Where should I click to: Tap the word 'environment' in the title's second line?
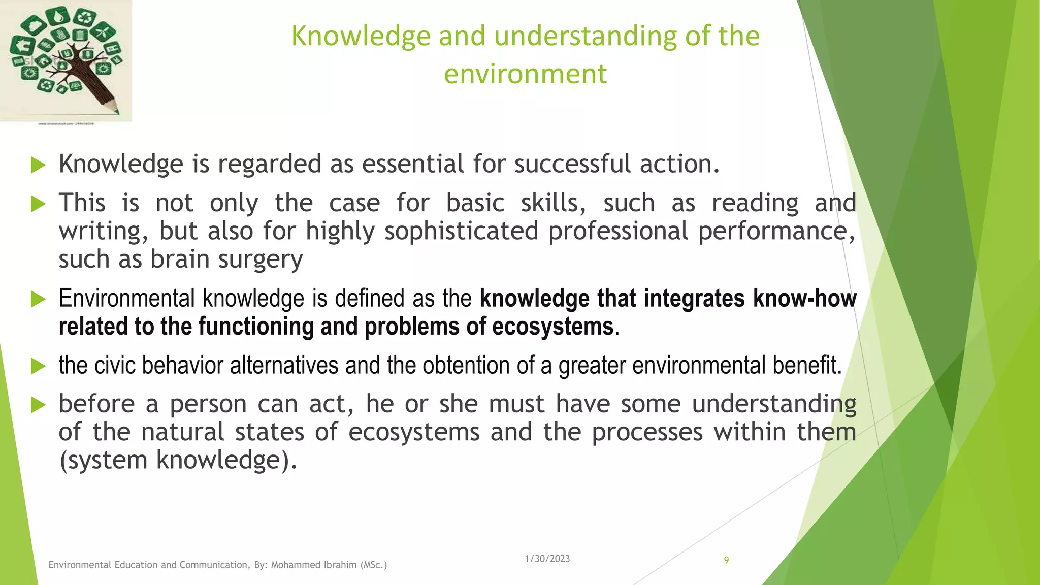point(525,74)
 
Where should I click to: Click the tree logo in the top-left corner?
point(66,61)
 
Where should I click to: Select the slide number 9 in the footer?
point(726,560)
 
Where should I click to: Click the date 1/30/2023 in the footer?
point(547,559)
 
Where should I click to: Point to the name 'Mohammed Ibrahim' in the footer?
point(313,565)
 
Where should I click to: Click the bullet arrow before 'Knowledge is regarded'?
point(38,165)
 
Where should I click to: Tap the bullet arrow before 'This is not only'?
point(38,204)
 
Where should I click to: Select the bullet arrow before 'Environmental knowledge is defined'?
point(38,299)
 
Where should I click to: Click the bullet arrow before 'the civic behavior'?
point(38,366)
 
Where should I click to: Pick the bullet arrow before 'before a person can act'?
point(38,405)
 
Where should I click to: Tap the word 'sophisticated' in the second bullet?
point(461,231)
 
